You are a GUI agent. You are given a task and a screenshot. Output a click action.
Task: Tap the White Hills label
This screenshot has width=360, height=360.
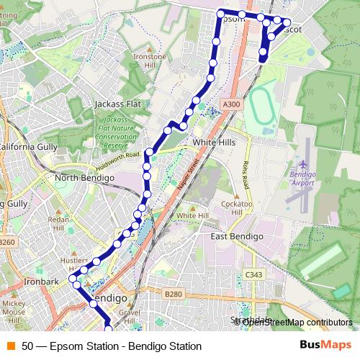click(x=214, y=143)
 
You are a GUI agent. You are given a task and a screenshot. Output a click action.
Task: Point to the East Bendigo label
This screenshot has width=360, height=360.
click(x=237, y=236)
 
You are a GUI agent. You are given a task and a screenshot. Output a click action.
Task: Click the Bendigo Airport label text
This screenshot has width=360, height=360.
click(x=303, y=179)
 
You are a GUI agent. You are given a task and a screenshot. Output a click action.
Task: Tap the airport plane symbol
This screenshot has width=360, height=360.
click(x=302, y=164)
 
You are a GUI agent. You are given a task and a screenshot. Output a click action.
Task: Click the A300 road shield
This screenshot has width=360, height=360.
click(x=230, y=104)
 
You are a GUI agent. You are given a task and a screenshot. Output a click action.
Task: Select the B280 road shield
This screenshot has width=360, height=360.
click(x=174, y=294)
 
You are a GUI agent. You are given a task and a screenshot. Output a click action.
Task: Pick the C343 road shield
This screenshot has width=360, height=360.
click(x=253, y=274)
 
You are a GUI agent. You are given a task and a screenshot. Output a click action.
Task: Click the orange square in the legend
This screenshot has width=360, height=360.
click(x=9, y=346)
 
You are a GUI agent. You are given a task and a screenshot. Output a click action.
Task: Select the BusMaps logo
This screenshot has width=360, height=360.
click(x=325, y=346)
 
